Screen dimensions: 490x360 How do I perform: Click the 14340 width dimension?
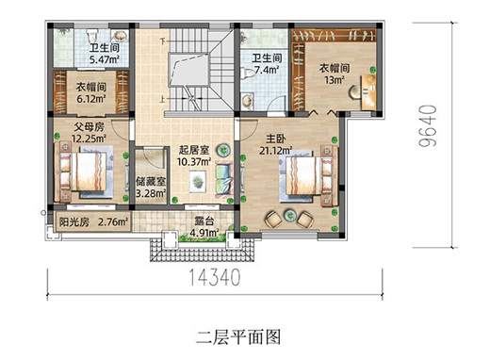tap(215, 277)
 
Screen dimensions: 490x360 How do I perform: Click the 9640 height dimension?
tap(428, 125)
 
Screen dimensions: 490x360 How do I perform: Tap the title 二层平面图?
tap(238, 337)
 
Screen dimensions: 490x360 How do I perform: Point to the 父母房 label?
tap(90, 127)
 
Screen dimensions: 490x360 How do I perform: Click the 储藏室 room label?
tap(151, 182)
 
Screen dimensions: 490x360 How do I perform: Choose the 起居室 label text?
tap(194, 150)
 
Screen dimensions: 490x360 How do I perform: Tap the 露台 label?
tap(204, 221)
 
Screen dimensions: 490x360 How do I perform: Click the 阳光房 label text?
tap(74, 222)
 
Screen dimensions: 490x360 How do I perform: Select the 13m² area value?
tap(335, 80)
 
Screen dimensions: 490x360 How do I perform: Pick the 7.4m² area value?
tap(267, 70)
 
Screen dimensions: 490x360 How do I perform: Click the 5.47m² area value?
tap(105, 59)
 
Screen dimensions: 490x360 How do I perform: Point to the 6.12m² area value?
tap(91, 99)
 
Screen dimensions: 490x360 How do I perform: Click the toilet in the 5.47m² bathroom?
tap(92, 35)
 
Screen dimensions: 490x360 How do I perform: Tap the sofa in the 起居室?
tap(224, 178)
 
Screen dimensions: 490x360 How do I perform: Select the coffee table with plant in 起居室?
tap(198, 181)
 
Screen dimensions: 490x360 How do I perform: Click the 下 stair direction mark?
tap(162, 41)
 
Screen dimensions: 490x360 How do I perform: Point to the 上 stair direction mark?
tap(162, 100)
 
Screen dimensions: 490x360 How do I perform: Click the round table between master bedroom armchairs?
tap(290, 216)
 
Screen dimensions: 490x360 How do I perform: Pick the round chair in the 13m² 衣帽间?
tap(354, 91)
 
